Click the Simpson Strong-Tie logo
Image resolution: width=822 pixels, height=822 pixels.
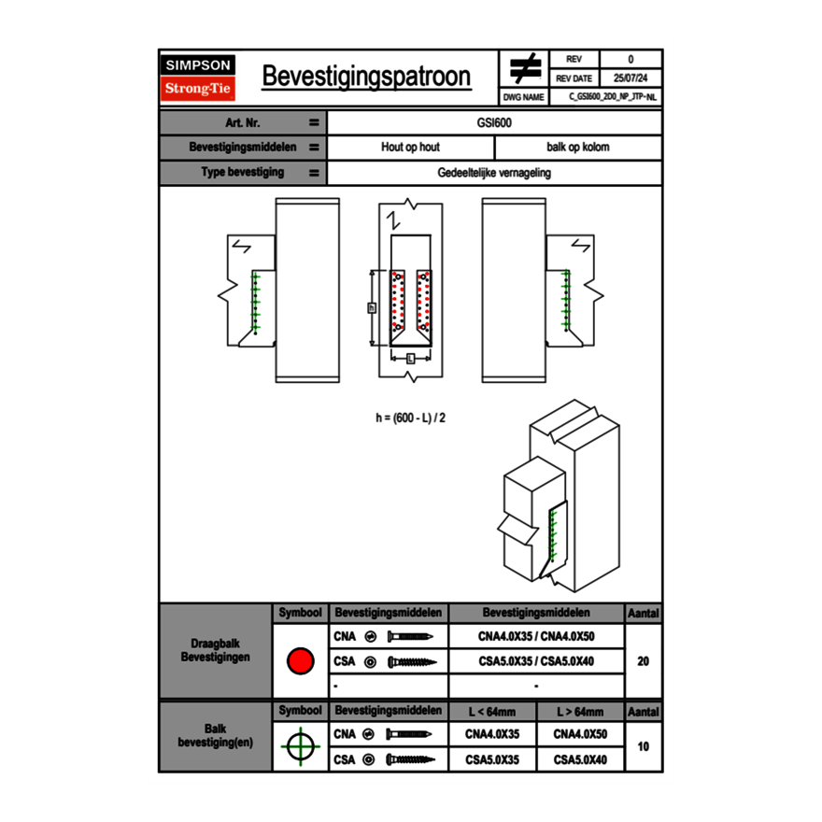[x=199, y=78]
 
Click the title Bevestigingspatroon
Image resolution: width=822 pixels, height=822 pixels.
[x=366, y=77]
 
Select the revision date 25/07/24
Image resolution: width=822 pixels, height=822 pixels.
[x=631, y=78]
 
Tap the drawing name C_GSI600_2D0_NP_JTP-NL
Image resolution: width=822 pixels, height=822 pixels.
[x=613, y=96]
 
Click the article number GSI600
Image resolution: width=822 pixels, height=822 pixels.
[x=494, y=122]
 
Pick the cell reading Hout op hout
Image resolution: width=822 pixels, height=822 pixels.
[x=410, y=148]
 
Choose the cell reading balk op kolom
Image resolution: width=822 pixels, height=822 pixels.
[x=578, y=148]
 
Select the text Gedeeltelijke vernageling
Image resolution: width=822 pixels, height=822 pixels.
[x=494, y=173]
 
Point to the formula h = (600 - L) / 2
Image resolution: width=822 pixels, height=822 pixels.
[x=410, y=418]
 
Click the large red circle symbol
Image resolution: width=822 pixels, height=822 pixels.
[x=300, y=661]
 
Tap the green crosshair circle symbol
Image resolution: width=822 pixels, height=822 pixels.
[x=300, y=747]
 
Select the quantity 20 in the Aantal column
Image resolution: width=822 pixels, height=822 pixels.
[x=643, y=661]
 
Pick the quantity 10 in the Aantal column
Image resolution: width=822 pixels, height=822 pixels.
[x=643, y=747]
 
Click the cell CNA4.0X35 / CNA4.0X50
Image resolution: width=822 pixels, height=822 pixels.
[x=536, y=637]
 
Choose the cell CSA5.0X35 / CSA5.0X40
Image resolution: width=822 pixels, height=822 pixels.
[x=536, y=661]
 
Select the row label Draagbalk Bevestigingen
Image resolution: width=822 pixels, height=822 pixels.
[x=215, y=651]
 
